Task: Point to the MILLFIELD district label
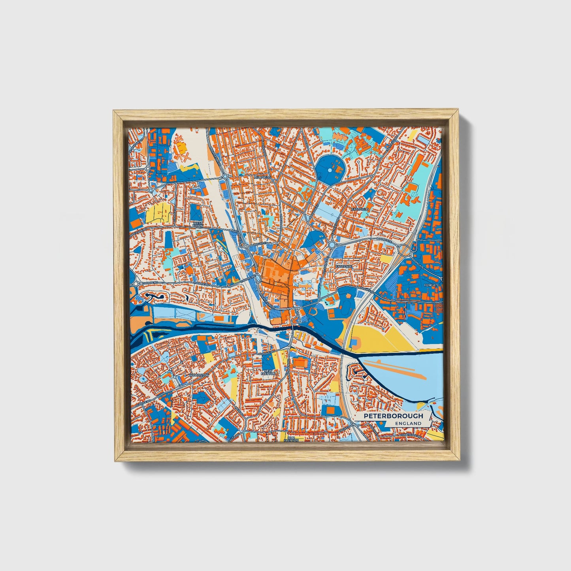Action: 263,177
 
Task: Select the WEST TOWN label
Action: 197,224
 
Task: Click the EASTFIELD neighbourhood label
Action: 360,209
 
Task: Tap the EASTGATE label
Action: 343,267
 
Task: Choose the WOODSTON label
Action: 198,375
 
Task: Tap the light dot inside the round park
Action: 330,170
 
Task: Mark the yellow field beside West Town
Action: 157,213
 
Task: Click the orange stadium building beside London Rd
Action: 301,362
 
